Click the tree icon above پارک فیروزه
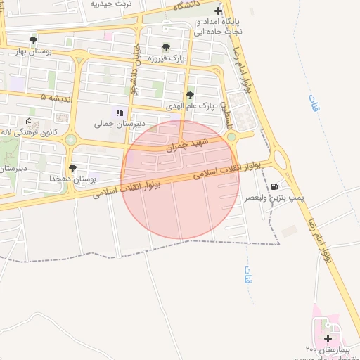[166, 48]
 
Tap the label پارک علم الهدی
[189, 106]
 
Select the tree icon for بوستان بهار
[33, 40]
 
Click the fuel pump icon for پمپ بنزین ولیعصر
[274, 187]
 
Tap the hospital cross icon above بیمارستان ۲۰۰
[328, 338]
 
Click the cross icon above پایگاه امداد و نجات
[218, 11]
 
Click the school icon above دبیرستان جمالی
[120, 112]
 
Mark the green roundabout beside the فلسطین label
[231, 137]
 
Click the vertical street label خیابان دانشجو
[136, 67]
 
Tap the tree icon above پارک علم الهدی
[189, 95]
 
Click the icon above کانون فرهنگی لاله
[29, 122]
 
